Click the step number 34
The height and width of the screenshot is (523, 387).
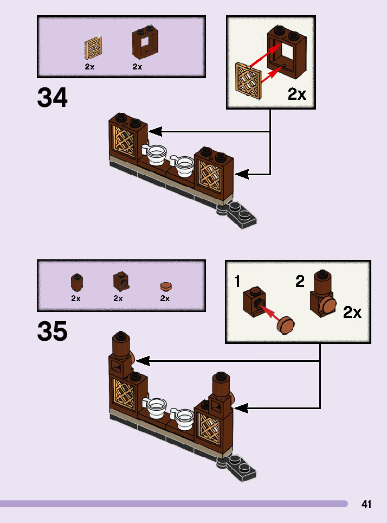pos(53,98)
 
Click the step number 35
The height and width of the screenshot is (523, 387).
pos(53,331)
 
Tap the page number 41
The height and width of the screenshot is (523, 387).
pos(366,505)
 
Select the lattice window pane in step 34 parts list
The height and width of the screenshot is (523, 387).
pos(93,49)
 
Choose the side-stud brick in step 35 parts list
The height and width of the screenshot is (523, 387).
pos(120,282)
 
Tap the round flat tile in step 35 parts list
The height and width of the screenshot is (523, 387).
pos(165,285)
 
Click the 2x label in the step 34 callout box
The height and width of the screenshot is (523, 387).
pos(296,94)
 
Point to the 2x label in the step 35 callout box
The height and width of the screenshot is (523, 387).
pos(352,312)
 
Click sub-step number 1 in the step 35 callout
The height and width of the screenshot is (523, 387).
pos(238,282)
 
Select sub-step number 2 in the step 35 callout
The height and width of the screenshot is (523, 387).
pos(300,282)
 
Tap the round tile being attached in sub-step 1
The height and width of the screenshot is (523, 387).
pos(286,325)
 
